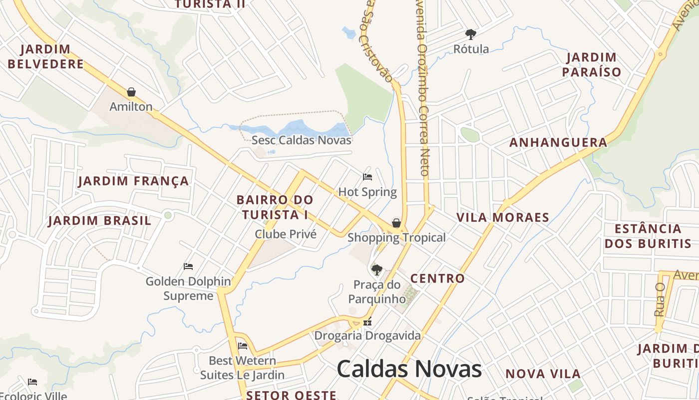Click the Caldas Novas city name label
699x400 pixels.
click(409, 369)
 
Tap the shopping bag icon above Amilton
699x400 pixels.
click(131, 92)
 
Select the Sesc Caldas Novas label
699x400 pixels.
click(301, 140)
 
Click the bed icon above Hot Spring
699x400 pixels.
click(367, 177)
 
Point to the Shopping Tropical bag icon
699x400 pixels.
click(396, 222)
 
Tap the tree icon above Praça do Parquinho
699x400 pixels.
click(377, 270)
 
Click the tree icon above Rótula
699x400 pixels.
click(470, 34)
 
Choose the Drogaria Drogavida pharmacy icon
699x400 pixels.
click(367, 322)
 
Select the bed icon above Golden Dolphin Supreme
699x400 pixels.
click(188, 266)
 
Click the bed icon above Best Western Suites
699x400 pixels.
click(243, 346)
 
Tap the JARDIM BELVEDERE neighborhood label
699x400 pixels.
click(45, 56)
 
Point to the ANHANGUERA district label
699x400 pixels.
click(558, 142)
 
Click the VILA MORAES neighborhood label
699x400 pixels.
click(503, 217)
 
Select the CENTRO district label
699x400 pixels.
click(437, 278)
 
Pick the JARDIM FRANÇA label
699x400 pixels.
click(133, 181)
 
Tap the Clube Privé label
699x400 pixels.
click(286, 234)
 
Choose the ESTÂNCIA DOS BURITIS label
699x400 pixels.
click(648, 236)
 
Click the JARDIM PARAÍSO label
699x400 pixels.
click(592, 64)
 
